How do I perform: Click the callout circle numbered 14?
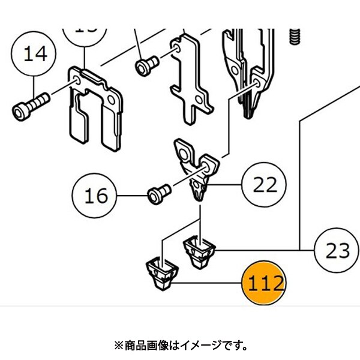(35, 55)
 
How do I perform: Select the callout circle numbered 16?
(95, 196)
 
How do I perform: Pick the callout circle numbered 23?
(337, 250)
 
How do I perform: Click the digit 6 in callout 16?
(103, 196)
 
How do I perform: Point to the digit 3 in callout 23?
(344, 250)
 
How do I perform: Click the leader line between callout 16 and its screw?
(131, 196)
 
